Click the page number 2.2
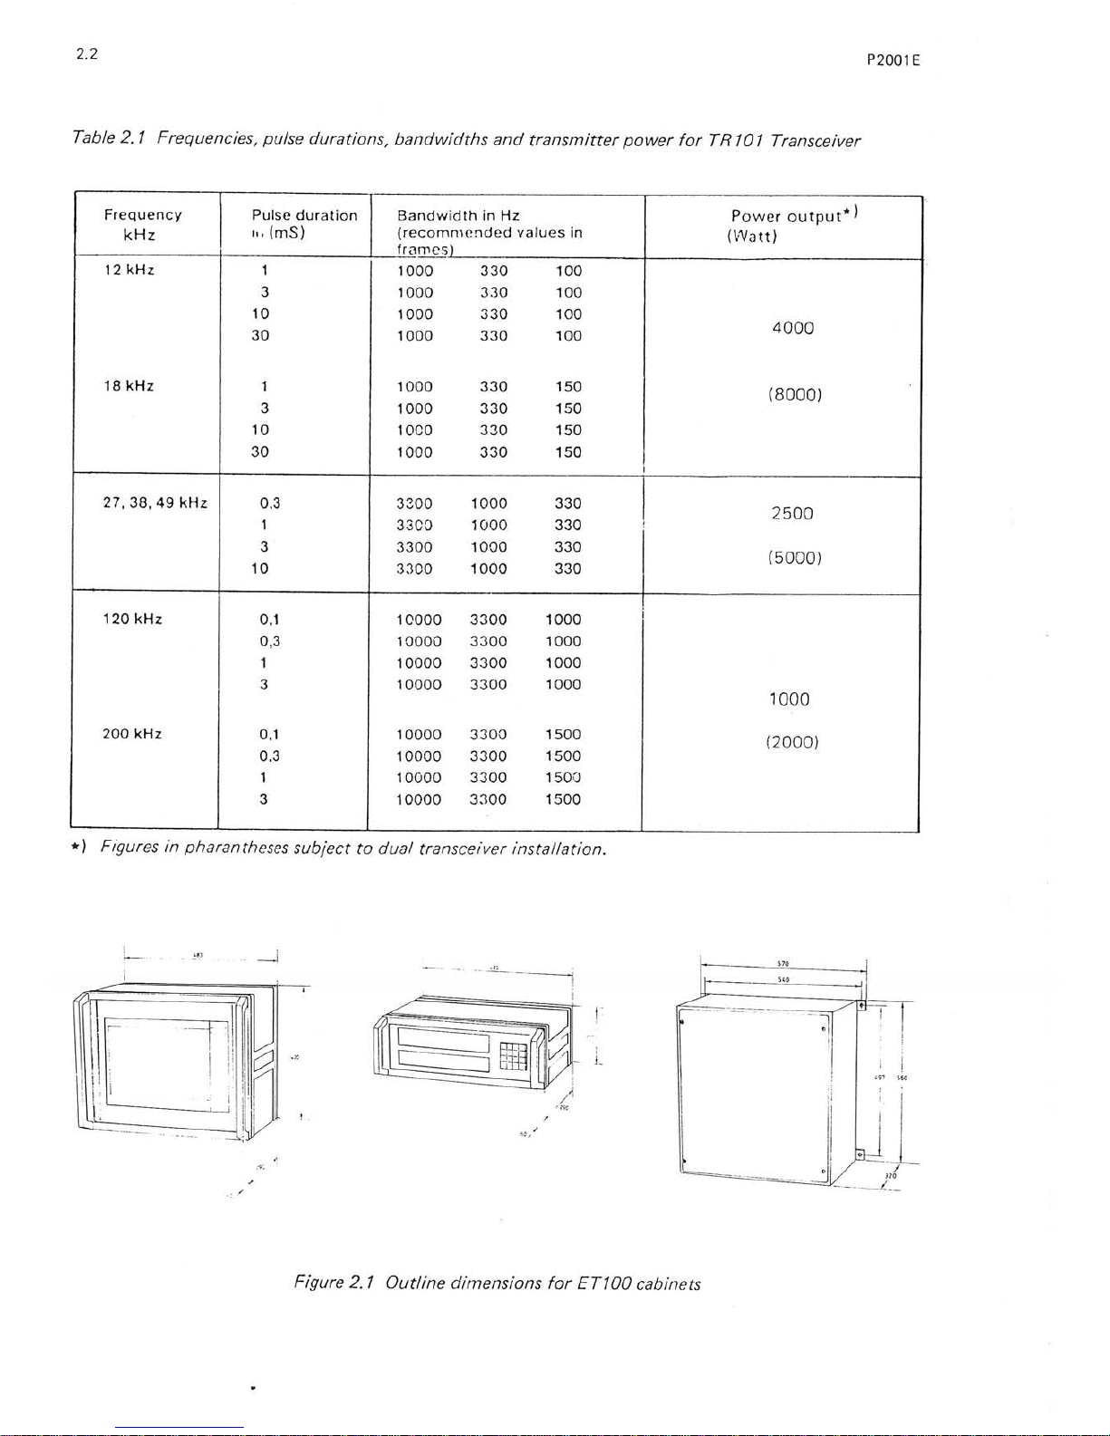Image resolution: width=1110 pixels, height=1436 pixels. (x=87, y=53)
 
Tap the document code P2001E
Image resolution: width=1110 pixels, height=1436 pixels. (x=893, y=61)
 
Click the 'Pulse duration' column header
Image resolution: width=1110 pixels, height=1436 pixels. (x=304, y=216)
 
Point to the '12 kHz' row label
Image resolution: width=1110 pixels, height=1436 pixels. (x=130, y=270)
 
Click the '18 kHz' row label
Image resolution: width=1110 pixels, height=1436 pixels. (x=130, y=386)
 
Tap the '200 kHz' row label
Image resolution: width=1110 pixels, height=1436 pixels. (x=132, y=734)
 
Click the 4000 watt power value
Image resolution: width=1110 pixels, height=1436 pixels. (x=793, y=328)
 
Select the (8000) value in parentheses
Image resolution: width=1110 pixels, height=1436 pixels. (x=794, y=395)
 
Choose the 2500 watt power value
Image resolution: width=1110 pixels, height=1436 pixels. (x=793, y=514)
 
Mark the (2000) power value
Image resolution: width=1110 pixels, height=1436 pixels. (x=792, y=742)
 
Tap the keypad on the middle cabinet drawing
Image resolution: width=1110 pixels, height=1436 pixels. (x=514, y=1055)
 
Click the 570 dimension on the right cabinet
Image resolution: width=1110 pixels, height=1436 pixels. (x=783, y=964)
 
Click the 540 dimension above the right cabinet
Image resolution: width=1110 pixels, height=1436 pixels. (x=783, y=979)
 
